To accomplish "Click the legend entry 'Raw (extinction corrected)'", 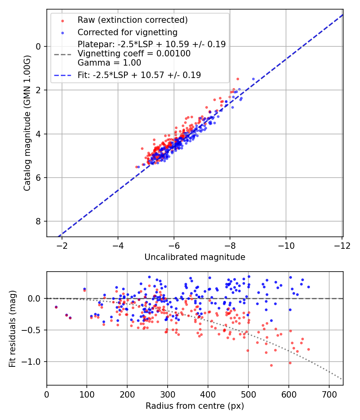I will click(x=132, y=20).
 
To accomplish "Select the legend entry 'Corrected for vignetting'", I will click(x=127, y=32).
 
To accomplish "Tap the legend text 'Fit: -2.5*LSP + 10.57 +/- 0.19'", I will click(x=139, y=75).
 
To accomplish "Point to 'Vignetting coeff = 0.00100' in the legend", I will click(x=134, y=54).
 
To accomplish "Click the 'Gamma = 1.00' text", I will click(x=109, y=63).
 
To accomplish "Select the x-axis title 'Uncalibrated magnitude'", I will click(x=195, y=257).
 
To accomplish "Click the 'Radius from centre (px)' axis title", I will click(x=195, y=406).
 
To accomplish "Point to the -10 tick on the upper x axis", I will click(x=286, y=245).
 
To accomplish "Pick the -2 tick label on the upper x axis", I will click(x=62, y=245).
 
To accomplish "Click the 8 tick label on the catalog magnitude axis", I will click(x=38, y=222).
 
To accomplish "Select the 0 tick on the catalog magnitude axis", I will click(x=38, y=46).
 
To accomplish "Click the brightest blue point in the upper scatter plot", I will click(x=253, y=79).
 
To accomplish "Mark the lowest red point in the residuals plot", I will click(x=271, y=365).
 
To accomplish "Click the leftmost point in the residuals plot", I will click(x=56, y=307).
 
